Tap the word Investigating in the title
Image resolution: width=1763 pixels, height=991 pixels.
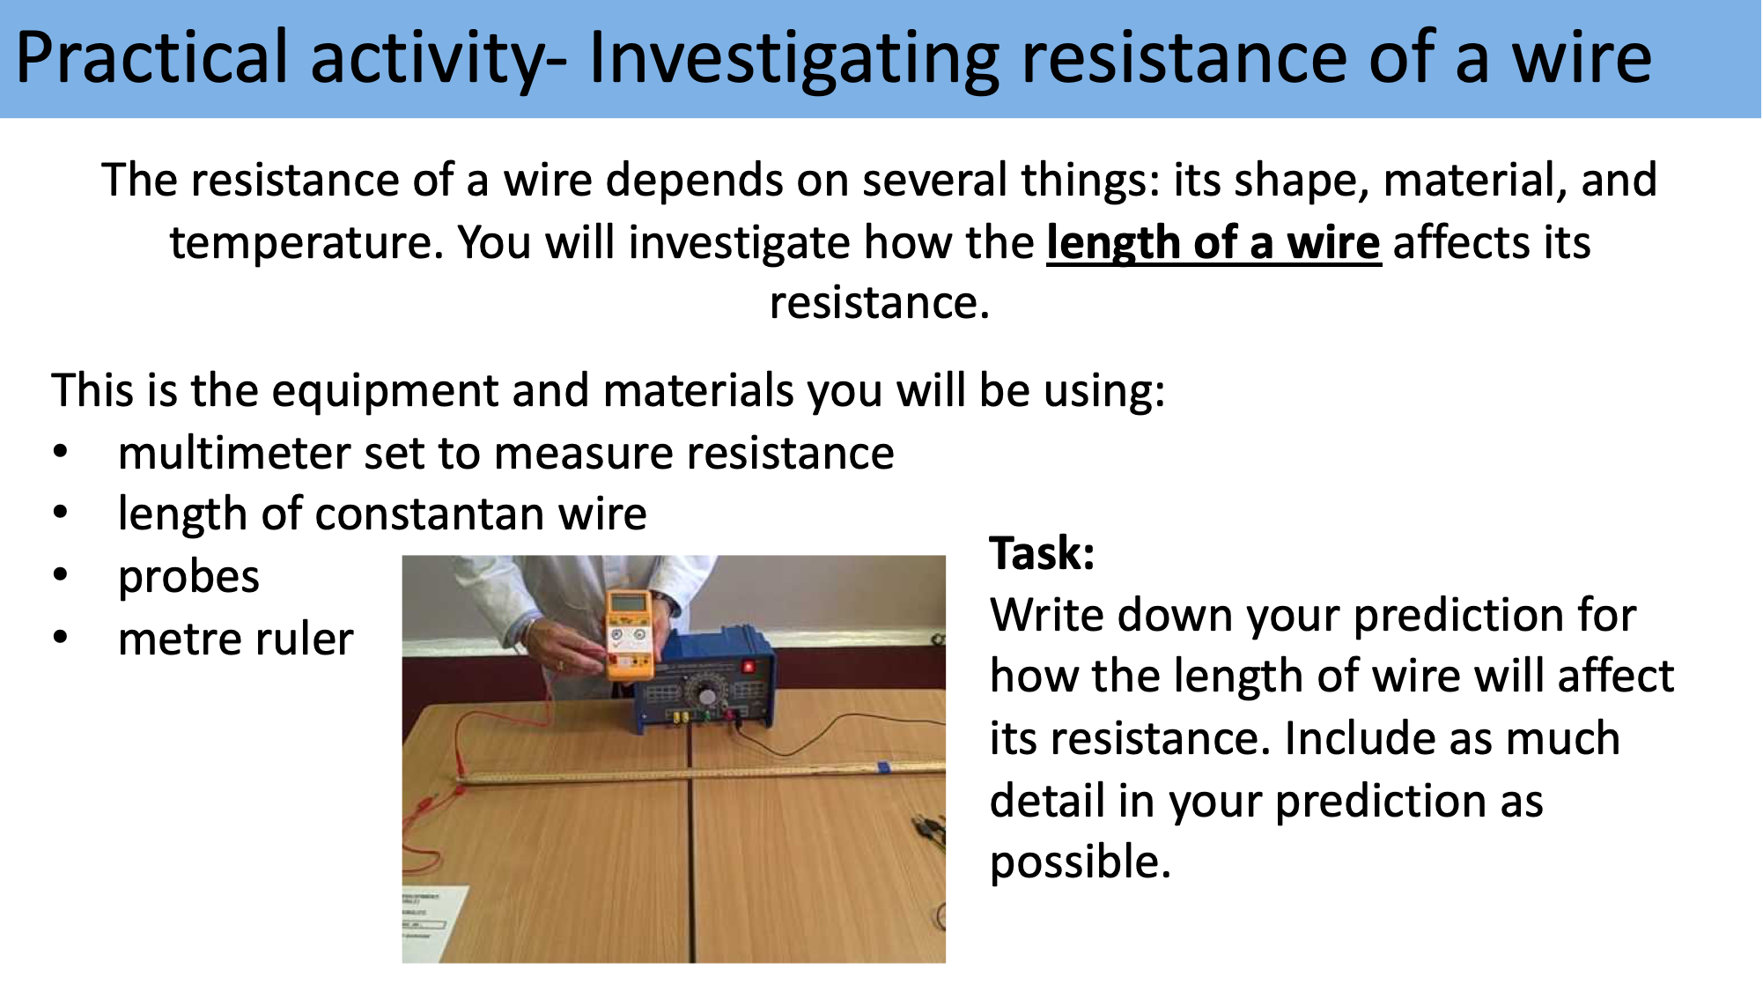click(793, 58)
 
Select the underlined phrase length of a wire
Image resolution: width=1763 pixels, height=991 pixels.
click(1213, 243)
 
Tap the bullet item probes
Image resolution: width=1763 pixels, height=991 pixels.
click(188, 577)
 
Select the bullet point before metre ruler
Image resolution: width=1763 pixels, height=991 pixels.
click(60, 638)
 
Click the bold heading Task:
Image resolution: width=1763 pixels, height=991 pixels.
click(1042, 553)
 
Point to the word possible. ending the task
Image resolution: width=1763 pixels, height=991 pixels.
click(1080, 862)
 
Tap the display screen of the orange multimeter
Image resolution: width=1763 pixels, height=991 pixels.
click(629, 605)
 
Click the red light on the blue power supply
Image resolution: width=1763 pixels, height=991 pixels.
click(748, 666)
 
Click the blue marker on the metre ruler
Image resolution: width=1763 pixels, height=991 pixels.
click(882, 766)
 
